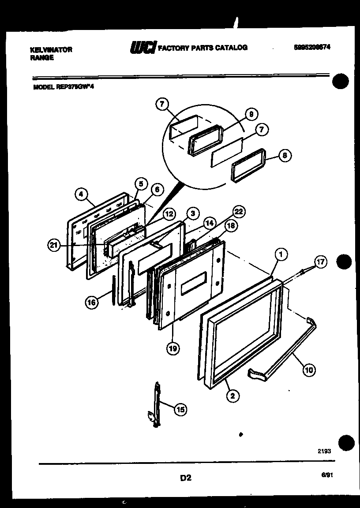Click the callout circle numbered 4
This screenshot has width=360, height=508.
pos(81,194)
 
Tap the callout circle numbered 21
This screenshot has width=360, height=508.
pos(54,246)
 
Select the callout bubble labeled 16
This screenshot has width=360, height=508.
pos(91,302)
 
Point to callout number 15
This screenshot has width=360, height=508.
pos(180,410)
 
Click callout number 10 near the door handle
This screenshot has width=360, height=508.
pos(309,370)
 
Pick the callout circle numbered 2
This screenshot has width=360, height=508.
pos(232,396)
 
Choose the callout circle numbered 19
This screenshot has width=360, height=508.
pos(172,348)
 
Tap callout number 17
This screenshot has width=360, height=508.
pos(320,261)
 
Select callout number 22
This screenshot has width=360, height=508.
pos(238,212)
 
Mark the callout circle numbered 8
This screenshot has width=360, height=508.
pos(285,156)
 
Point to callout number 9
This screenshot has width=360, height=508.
pos(251,114)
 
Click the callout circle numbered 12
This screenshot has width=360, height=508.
pos(168,214)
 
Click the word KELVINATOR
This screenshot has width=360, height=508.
pos(51,50)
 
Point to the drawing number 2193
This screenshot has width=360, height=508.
pos(324,451)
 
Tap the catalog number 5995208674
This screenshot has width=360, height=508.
pos(312,47)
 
